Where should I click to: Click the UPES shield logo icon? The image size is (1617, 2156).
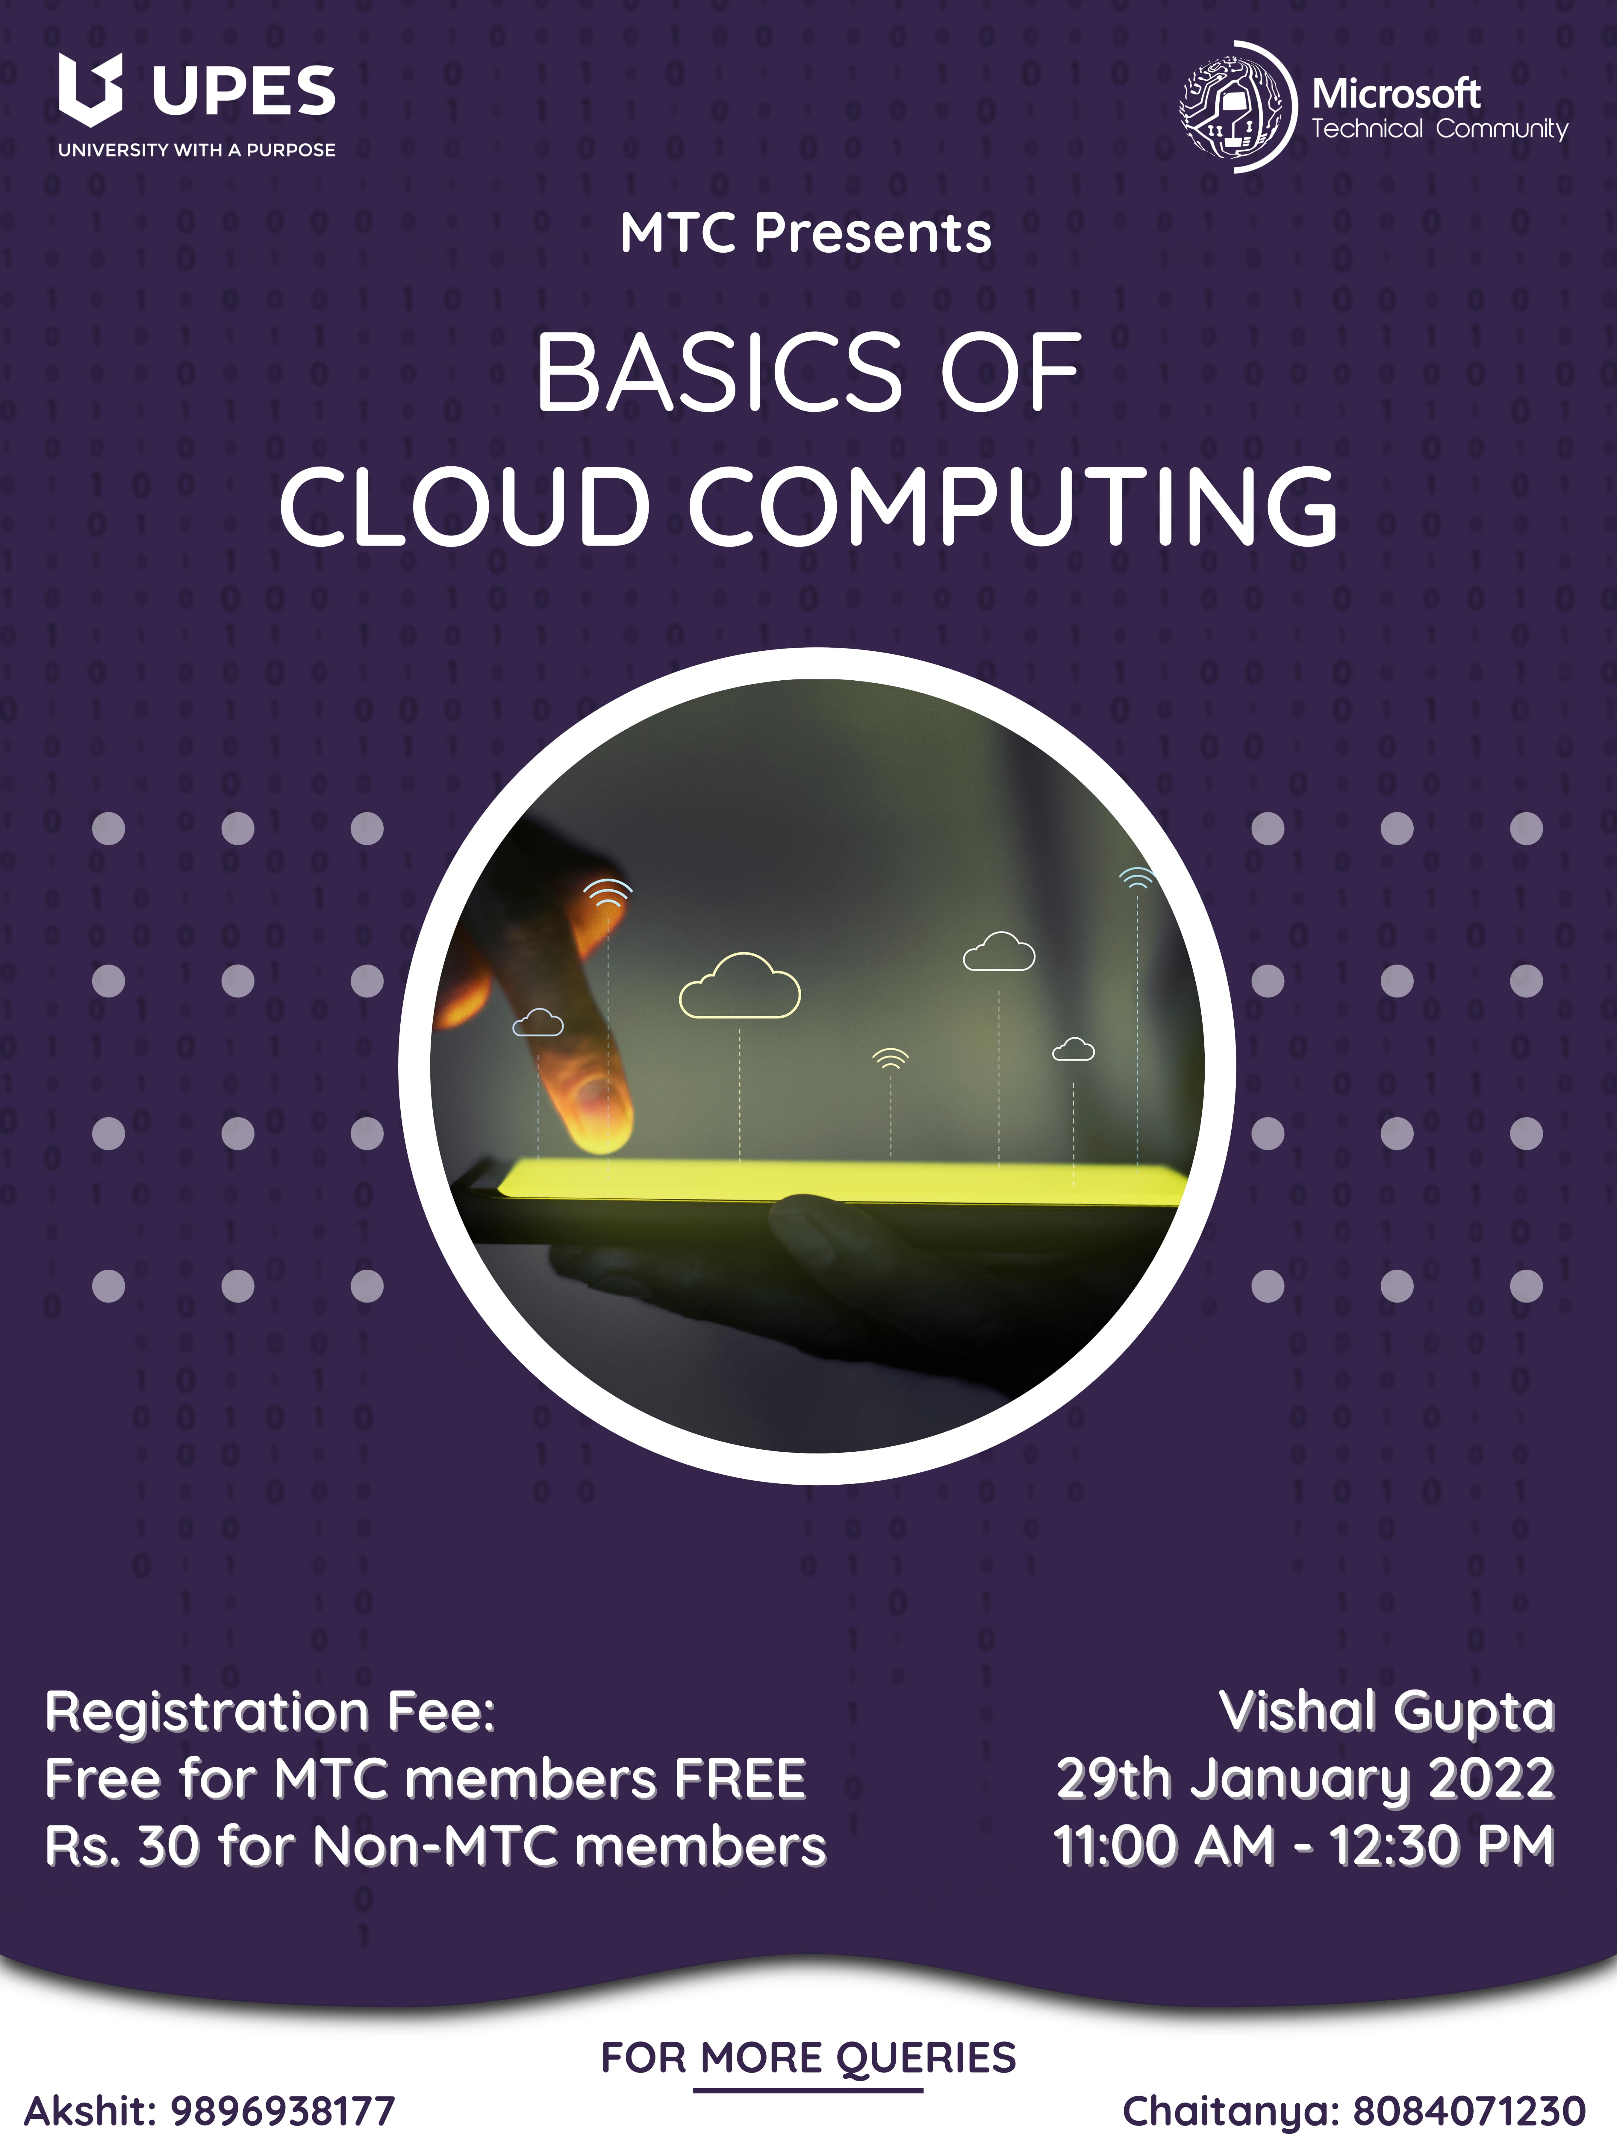click(91, 90)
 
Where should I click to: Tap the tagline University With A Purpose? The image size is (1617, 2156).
click(197, 150)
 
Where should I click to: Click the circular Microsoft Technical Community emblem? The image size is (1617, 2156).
click(1238, 107)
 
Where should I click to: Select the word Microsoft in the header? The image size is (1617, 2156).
click(1396, 95)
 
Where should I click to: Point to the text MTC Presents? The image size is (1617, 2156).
click(806, 234)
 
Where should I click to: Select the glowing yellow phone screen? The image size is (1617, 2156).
click(843, 1181)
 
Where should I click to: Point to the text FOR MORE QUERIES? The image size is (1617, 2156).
click(808, 2057)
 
